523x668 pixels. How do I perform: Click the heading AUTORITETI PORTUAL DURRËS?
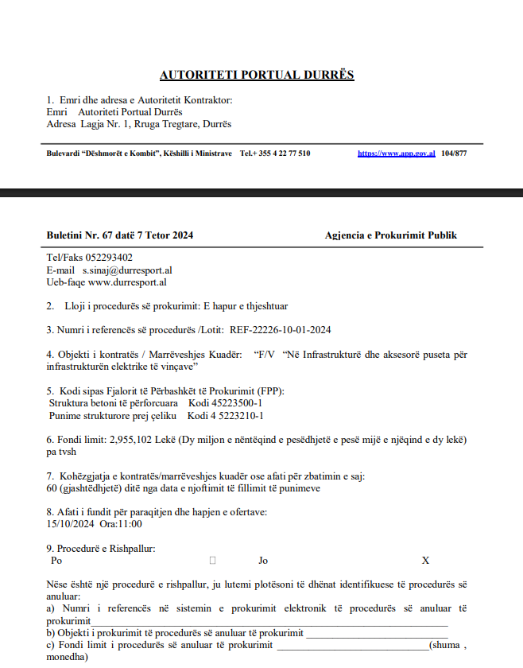click(257, 76)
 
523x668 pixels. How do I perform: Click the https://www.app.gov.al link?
click(396, 153)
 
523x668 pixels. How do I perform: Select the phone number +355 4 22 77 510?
click(280, 153)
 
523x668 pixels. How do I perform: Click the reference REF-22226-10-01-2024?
click(281, 329)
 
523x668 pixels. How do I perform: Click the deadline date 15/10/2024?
click(71, 524)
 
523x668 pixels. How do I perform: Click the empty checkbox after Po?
click(212, 561)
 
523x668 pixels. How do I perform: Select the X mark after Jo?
click(425, 561)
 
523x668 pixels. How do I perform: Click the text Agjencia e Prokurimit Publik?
click(391, 235)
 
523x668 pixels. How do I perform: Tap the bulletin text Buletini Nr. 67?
click(78, 235)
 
